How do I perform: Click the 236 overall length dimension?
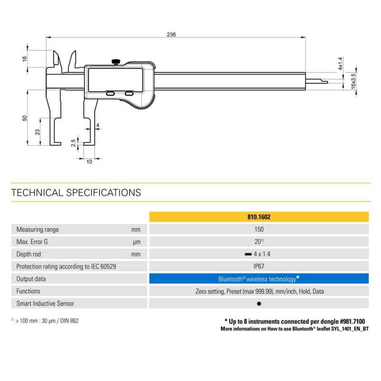171,34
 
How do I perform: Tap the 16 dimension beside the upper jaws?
25,59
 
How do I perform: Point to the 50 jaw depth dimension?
25,118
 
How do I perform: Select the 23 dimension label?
37,132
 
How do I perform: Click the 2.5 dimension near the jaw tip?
73,143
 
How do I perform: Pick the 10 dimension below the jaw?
89,161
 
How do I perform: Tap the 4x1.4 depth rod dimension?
341,64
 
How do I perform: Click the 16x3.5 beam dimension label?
353,81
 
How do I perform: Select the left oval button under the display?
110,93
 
